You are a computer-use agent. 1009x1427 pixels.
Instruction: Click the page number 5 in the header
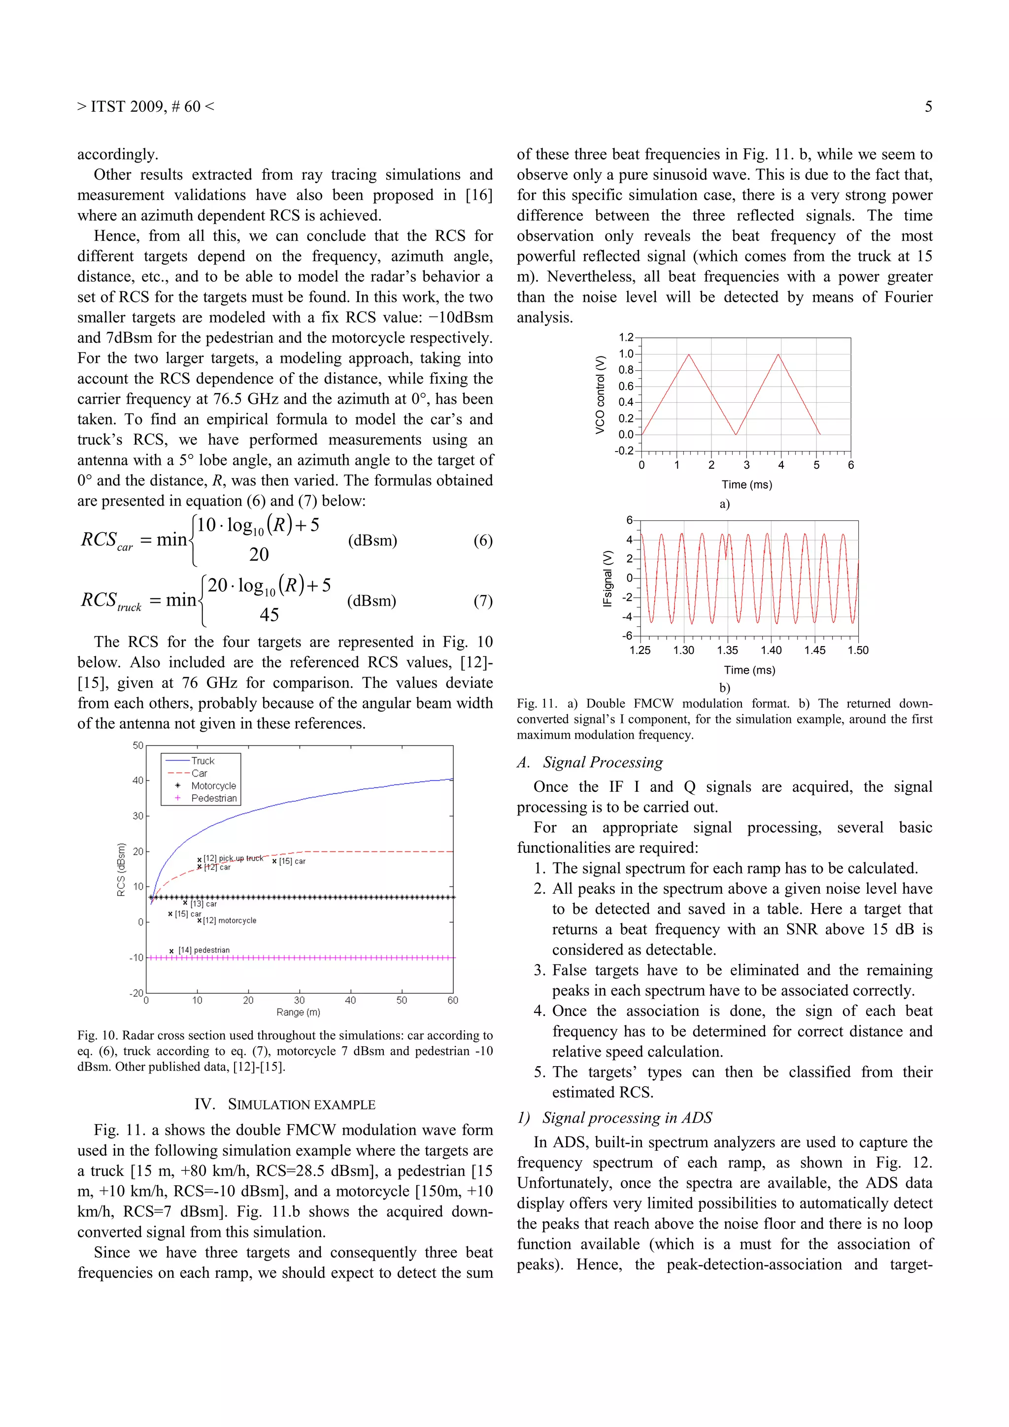928,107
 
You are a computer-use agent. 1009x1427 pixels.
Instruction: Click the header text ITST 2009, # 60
145,107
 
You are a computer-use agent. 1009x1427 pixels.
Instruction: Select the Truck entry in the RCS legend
202,761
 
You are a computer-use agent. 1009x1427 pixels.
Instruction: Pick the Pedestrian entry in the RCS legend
213,798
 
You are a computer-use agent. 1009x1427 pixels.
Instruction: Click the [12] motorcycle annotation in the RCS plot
229,920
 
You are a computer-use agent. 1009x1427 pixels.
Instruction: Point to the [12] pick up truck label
233,858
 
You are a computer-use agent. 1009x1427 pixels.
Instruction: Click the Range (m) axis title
299,1012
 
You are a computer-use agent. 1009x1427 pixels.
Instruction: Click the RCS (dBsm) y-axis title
121,870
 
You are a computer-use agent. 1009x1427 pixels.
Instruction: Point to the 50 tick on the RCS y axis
138,745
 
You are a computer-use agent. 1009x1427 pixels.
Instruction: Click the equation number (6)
482,540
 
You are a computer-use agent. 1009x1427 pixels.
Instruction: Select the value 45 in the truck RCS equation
269,615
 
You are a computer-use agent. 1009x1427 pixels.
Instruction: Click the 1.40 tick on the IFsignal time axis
771,650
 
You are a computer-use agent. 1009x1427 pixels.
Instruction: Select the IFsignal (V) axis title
607,578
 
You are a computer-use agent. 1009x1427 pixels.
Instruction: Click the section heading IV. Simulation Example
285,1104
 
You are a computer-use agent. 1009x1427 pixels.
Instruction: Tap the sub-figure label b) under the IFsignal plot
724,687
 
